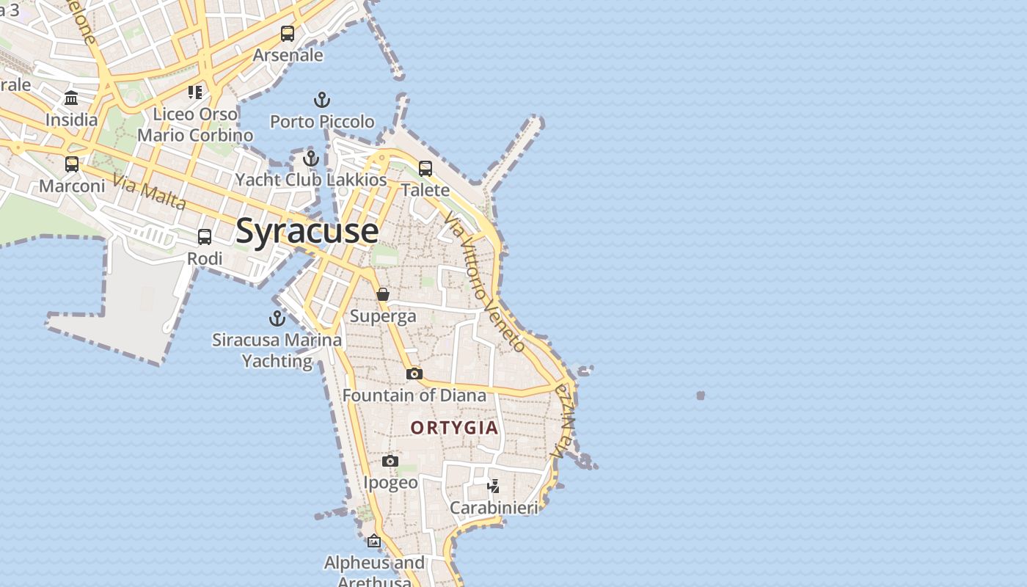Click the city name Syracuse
[307, 230]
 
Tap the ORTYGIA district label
[454, 428]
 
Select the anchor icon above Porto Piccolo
[322, 100]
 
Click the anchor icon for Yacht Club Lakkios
[311, 158]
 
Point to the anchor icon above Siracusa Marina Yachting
[277, 318]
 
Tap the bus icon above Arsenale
[288, 34]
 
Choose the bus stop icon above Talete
[425, 169]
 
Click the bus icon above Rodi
[205, 237]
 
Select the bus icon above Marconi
[72, 164]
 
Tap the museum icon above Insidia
[71, 98]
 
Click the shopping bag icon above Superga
[383, 294]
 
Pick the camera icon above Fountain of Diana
[414, 374]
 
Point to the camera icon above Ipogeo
[390, 461]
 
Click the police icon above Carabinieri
[494, 486]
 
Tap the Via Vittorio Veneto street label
[484, 282]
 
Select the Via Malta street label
[149, 191]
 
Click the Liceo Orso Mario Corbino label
[195, 125]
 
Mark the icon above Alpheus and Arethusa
[374, 542]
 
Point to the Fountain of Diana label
[414, 395]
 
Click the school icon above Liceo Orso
[195, 92]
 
